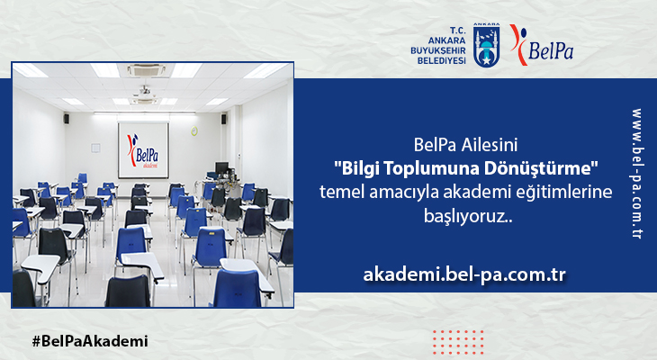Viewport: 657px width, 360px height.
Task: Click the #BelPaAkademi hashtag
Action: coord(90,341)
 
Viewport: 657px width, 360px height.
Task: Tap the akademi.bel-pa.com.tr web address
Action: coord(464,274)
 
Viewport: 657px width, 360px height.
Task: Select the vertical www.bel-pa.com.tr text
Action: coord(637,174)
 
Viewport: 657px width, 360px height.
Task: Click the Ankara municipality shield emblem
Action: coord(487,45)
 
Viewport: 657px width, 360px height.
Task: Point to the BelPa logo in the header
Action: coord(542,45)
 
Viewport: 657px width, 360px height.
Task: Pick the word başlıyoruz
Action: coord(468,216)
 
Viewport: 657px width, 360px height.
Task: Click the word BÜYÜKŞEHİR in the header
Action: coord(438,50)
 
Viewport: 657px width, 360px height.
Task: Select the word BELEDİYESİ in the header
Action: coord(441,61)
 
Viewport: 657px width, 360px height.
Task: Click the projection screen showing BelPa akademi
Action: coord(143,150)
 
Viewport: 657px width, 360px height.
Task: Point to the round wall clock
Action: coord(194,130)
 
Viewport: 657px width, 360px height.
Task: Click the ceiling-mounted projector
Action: coord(144,91)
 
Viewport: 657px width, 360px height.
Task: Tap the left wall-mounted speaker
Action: coord(67,118)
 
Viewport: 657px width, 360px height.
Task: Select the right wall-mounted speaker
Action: coord(224,119)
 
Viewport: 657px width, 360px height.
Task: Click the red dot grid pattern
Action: coord(458,342)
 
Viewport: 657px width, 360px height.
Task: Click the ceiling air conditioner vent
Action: coord(146,69)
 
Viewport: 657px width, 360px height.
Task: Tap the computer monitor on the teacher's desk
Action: coord(221,167)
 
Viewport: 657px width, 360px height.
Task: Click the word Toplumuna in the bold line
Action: coord(432,169)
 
